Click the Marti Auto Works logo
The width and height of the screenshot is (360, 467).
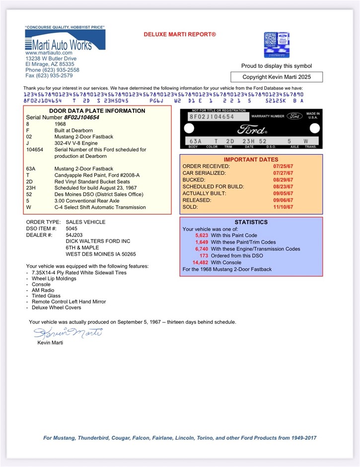[65, 40]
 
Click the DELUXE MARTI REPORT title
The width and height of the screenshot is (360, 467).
[180, 34]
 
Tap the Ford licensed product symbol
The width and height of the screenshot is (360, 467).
[276, 45]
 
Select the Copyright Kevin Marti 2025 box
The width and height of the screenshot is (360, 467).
[277, 77]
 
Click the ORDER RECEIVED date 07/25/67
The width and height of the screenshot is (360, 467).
[284, 166]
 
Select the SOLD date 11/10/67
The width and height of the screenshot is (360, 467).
[284, 207]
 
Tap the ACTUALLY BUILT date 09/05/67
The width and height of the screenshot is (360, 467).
[284, 193]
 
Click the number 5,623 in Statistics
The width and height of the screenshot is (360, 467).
[202, 235]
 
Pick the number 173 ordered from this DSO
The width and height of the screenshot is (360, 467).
[204, 255]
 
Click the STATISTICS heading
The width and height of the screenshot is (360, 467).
[251, 222]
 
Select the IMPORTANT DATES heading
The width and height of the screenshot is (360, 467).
[251, 159]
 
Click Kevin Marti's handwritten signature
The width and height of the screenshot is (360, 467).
[68, 332]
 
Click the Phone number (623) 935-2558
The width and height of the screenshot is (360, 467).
[52, 70]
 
